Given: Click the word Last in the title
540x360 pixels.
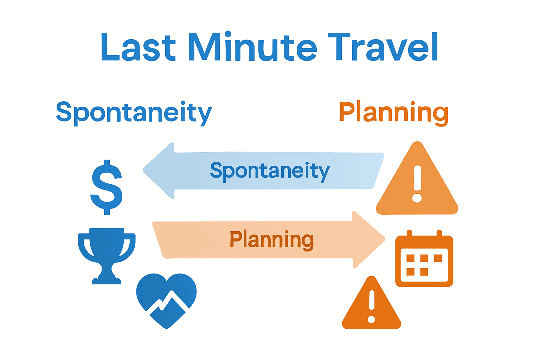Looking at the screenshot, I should point(138,47).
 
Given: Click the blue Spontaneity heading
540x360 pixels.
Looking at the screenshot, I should point(134,112).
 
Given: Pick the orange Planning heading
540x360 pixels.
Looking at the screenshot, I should point(394,112).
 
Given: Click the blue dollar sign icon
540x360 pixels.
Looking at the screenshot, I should point(107,187).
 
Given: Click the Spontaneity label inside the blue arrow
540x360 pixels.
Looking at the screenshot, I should point(270,171).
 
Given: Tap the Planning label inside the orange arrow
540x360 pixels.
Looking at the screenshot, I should point(271,240).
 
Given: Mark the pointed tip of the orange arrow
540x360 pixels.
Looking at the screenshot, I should point(384,239).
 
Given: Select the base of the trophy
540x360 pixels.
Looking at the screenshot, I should point(107,280).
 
